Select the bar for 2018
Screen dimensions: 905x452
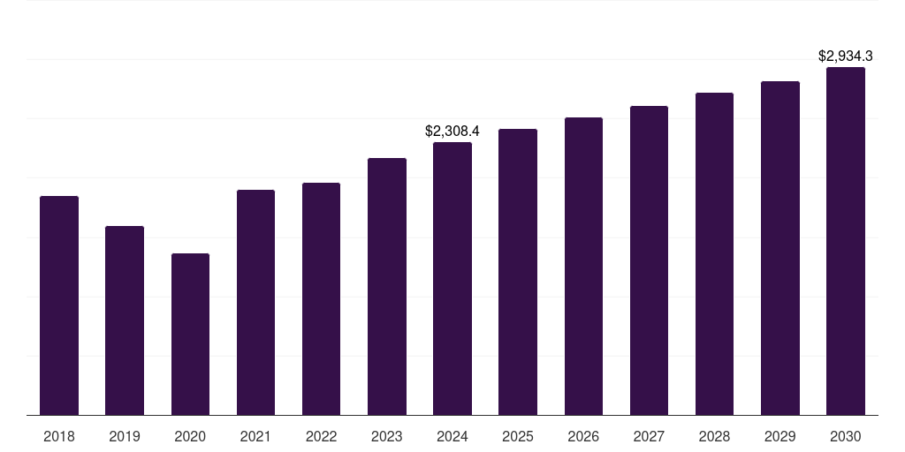[59, 305]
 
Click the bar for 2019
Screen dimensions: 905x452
[125, 320]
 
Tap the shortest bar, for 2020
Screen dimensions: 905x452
[191, 335]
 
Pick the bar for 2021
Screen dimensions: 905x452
[255, 303]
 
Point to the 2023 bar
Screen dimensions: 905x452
[387, 287]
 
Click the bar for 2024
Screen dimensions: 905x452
[452, 278]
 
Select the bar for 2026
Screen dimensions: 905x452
[583, 267]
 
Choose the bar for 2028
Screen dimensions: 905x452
[714, 253]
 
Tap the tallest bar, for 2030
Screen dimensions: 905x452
[846, 241]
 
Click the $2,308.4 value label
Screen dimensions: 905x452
[452, 132]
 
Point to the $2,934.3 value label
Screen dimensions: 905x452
[846, 56]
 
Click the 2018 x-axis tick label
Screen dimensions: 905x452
[59, 437]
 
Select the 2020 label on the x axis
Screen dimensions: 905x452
[191, 437]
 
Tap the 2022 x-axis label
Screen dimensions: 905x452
[321, 437]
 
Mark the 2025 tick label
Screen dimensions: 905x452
[518, 437]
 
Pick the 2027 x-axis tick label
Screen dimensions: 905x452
[649, 437]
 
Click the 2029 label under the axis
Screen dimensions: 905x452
[780, 437]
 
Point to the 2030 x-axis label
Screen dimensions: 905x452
[846, 437]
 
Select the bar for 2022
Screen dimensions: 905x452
[321, 299]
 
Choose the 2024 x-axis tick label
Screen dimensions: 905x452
[452, 437]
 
